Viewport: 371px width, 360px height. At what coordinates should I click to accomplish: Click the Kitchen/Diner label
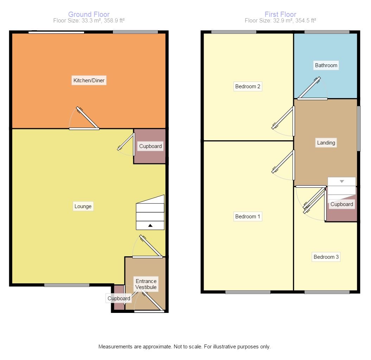tap(89, 81)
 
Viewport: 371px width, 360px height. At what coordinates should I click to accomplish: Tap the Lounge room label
tap(83, 206)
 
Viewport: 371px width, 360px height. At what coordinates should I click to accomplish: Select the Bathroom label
tap(326, 65)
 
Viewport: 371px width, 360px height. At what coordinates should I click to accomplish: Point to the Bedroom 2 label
tap(248, 86)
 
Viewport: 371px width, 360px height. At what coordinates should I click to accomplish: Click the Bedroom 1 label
tap(248, 217)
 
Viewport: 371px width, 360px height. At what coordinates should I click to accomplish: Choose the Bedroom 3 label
tap(326, 257)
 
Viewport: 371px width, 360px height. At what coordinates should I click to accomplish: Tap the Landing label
tap(326, 143)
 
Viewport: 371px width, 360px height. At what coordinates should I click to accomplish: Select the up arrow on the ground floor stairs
tap(150, 225)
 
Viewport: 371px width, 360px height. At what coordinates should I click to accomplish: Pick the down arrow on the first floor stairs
tap(342, 181)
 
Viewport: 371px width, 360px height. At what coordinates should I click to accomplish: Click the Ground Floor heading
tap(89, 14)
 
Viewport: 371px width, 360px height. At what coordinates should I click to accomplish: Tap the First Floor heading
tap(280, 14)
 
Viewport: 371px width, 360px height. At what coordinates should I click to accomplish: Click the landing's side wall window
tap(359, 129)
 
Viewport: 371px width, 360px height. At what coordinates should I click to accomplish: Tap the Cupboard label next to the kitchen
tap(151, 146)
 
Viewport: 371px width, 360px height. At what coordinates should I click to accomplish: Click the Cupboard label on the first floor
tap(341, 204)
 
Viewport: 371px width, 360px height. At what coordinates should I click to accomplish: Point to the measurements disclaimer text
tap(184, 347)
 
